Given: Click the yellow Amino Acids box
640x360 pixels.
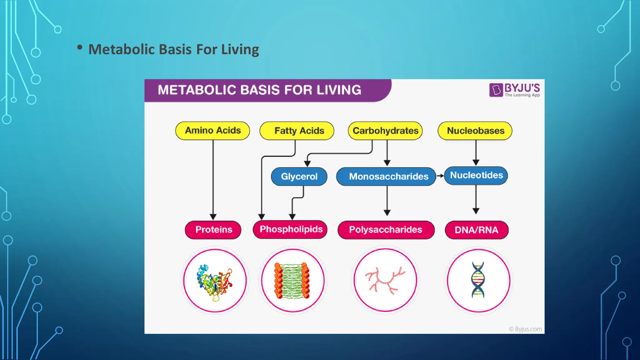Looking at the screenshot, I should click(x=212, y=131).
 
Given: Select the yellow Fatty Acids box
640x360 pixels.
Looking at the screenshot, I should click(x=297, y=131).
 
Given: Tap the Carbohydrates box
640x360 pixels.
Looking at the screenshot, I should click(x=385, y=131).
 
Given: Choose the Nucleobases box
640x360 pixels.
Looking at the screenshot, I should click(x=475, y=131).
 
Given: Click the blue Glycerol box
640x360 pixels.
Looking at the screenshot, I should click(x=299, y=177).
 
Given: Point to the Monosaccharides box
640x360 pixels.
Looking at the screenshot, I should click(x=386, y=177).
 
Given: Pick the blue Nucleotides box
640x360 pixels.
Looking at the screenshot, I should click(x=476, y=175).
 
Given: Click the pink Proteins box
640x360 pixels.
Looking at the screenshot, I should click(x=213, y=230).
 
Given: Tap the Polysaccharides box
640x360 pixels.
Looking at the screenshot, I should click(x=386, y=230).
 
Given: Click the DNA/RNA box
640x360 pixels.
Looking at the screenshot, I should click(x=477, y=230).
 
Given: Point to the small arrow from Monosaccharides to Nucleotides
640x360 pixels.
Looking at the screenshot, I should click(x=440, y=176).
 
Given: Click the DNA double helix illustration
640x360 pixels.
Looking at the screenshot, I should click(x=478, y=280).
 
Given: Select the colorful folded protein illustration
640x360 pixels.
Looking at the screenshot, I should click(x=214, y=281).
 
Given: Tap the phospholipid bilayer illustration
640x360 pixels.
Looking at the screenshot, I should click(x=292, y=281).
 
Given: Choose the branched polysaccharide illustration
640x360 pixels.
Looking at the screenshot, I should click(x=385, y=280).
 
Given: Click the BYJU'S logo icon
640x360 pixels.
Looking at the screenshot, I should click(x=496, y=90).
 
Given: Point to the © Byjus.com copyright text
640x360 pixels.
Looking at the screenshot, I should click(x=525, y=329).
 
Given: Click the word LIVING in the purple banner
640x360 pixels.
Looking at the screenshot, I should click(x=339, y=90).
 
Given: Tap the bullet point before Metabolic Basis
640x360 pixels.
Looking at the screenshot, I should click(x=80, y=47).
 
